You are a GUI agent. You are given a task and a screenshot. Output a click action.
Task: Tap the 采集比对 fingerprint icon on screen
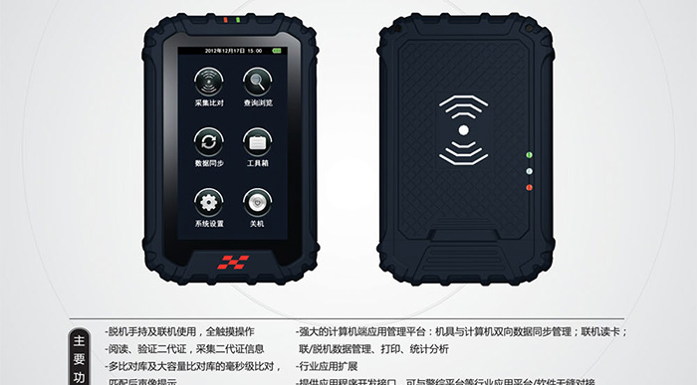pos(208,81)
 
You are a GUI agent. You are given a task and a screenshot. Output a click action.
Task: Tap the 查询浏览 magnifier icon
pos(257,81)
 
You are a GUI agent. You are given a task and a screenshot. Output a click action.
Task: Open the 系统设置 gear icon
pos(208,202)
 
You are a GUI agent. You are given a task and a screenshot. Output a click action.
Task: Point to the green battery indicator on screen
pos(276,49)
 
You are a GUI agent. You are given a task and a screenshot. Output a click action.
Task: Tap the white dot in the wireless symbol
pos(463,129)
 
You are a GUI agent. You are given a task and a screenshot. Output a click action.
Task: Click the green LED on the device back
pos(529,156)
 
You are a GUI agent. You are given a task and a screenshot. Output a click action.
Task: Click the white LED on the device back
pos(529,171)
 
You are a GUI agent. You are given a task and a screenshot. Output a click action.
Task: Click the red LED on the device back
pos(529,187)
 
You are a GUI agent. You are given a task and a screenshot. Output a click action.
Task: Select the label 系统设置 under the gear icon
pos(208,224)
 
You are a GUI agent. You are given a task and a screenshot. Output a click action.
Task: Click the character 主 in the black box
pos(80,339)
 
